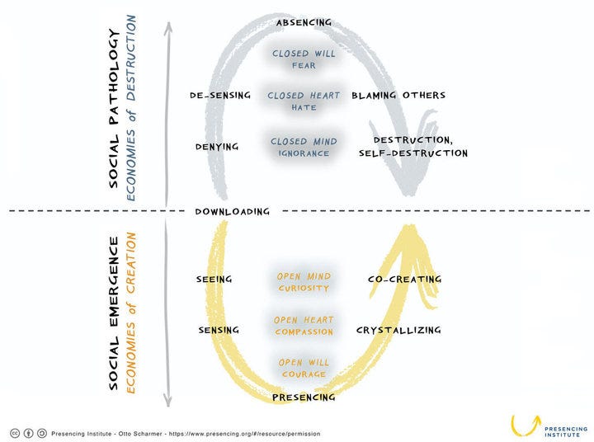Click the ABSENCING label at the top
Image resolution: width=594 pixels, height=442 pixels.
pos(304,23)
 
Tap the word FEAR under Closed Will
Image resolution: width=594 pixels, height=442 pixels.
pos(304,65)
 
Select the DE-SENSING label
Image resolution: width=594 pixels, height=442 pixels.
pos(220,95)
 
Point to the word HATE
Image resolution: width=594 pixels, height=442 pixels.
pos(304,107)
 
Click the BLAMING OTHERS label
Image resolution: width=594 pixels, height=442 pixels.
pos(398,95)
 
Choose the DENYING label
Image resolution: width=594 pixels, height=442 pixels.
pos(217,147)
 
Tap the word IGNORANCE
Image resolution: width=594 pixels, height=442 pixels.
pos(304,153)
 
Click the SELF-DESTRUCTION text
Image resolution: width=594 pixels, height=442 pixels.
pos(413,153)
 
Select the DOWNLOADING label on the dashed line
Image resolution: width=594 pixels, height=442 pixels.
pos(232,211)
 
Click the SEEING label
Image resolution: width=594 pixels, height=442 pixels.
pos(214,280)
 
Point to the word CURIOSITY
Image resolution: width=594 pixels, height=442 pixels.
pos(304,289)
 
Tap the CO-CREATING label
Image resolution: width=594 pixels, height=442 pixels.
pos(404,280)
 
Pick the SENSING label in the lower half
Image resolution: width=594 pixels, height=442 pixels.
pos(219,330)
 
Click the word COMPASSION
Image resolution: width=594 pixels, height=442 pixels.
pos(304,331)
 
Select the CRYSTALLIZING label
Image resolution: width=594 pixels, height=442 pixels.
pos(398,330)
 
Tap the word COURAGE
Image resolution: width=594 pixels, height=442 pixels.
pos(304,374)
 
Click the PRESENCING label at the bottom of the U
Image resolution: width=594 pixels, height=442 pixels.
pos(304,397)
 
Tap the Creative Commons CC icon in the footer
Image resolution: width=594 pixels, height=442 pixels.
pos(15,433)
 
